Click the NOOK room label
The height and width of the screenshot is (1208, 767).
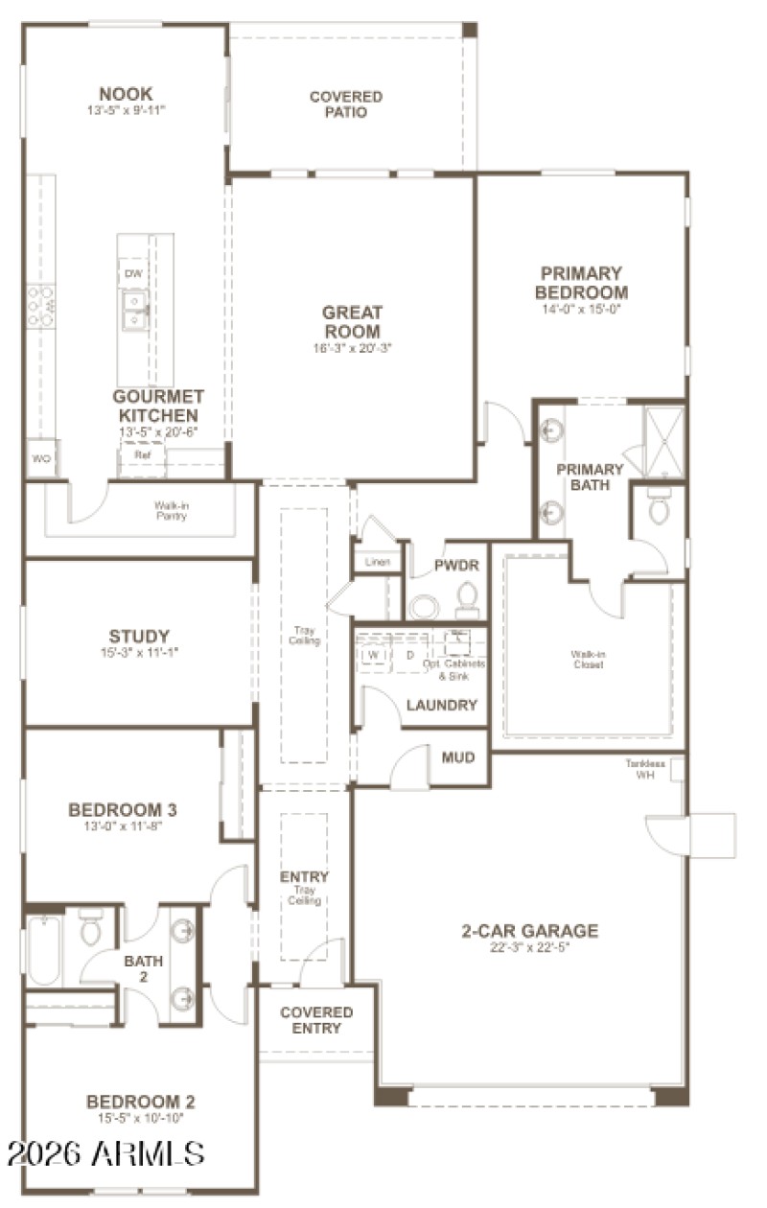126,94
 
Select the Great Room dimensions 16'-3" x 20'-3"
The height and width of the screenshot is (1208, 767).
351,348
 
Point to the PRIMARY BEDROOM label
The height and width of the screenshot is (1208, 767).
581,283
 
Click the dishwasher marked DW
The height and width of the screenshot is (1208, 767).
133,274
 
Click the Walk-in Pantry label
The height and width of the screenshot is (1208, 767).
170,509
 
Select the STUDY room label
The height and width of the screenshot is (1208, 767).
139,636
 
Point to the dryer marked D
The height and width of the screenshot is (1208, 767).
409,655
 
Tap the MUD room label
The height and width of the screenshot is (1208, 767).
458,757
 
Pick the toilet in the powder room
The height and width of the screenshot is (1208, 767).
467,599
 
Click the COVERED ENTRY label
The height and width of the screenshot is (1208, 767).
316,1020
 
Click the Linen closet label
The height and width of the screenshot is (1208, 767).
377,562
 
